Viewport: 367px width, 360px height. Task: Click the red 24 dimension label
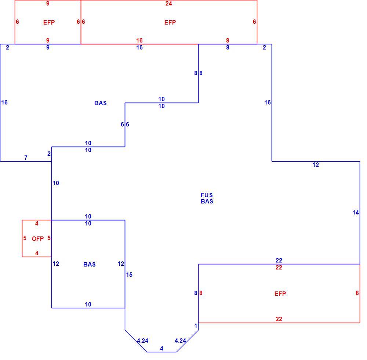click(168, 4)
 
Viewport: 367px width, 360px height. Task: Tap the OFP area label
click(38, 239)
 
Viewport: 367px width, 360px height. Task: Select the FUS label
click(207, 195)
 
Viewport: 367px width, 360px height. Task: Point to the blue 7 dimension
click(26, 158)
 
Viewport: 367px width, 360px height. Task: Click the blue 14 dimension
click(356, 212)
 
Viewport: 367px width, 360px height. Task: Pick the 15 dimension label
click(129, 275)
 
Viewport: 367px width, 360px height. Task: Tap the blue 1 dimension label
click(196, 326)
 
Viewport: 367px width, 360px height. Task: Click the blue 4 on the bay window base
click(161, 349)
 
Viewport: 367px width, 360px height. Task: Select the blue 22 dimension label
click(279, 260)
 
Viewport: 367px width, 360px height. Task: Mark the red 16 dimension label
click(139, 40)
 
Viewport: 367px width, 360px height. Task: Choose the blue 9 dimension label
click(48, 47)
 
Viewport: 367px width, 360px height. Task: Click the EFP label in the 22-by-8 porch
click(280, 294)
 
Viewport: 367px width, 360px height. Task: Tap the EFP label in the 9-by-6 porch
click(49, 22)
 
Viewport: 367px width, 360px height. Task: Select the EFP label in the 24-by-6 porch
click(170, 22)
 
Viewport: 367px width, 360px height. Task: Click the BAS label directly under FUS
click(207, 201)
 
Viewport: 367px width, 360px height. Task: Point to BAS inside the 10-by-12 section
click(90, 264)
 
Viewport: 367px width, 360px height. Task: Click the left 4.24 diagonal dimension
click(142, 341)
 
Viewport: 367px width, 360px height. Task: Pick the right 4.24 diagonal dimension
click(180, 341)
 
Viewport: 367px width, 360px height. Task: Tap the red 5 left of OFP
click(25, 238)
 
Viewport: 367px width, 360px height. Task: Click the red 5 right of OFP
click(49, 238)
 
